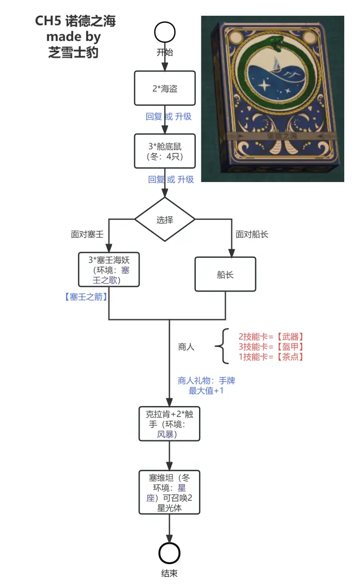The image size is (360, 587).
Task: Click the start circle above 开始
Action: click(165, 32)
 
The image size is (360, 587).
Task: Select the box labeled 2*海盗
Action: click(165, 88)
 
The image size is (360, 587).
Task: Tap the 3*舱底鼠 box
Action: click(165, 151)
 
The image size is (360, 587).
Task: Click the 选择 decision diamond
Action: click(165, 220)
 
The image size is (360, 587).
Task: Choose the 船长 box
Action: click(225, 275)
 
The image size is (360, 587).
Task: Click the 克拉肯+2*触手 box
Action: click(169, 424)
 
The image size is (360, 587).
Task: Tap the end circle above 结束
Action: click(169, 553)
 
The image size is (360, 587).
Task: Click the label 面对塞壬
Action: click(87, 234)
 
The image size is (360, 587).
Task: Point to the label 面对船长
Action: click(252, 234)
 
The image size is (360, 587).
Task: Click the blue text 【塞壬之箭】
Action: click(86, 297)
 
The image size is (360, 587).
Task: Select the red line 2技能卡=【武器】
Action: click(271, 336)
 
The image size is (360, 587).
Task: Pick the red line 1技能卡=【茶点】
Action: click(271, 357)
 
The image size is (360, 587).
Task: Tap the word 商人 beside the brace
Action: click(186, 347)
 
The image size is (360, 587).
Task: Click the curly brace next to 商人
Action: click(220, 347)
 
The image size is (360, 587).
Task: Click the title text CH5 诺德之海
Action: click(76, 21)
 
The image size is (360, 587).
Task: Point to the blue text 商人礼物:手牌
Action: click(206, 380)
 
